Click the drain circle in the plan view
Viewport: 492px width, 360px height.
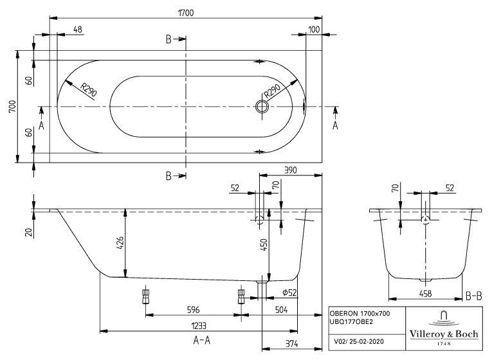point(262,107)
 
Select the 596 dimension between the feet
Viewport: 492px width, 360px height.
point(193,309)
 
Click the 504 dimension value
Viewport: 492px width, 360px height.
point(282,309)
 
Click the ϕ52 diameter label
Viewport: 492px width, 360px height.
point(289,293)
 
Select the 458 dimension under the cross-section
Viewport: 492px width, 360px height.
point(424,294)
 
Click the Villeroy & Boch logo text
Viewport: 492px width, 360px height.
point(443,334)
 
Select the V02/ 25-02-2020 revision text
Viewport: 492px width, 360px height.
point(360,341)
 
